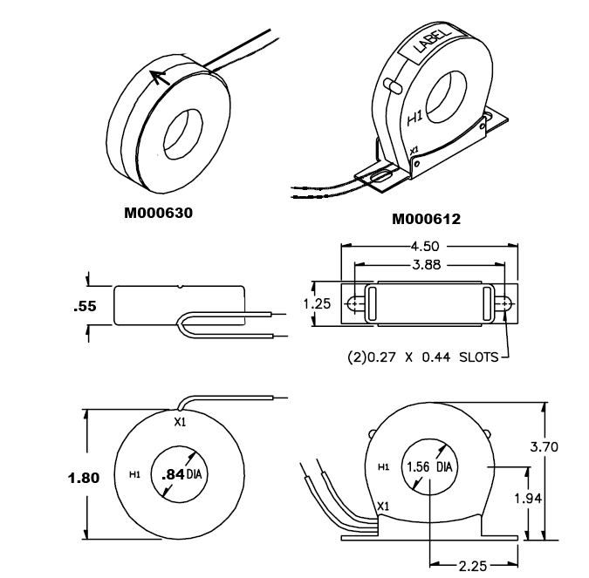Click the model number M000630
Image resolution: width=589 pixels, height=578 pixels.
[x=158, y=213]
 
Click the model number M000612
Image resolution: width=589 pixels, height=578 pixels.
[x=426, y=219]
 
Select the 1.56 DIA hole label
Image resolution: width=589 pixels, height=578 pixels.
[x=430, y=466]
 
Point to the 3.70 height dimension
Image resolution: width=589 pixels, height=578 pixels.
[x=568, y=446]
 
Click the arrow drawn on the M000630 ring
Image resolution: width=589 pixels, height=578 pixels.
[x=159, y=78]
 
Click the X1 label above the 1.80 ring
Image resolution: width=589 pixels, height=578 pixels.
[x=181, y=423]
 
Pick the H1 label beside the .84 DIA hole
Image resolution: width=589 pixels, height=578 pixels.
[x=135, y=475]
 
